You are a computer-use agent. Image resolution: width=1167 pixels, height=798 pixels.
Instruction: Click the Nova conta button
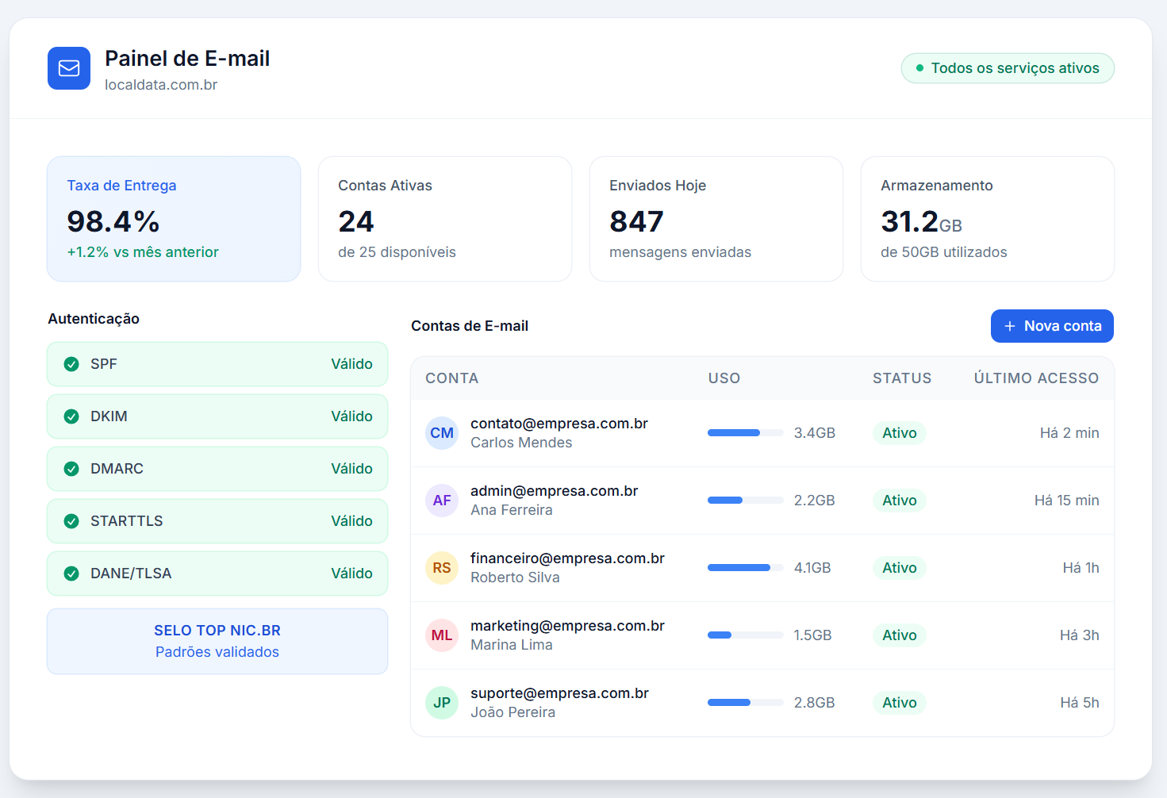coord(1052,326)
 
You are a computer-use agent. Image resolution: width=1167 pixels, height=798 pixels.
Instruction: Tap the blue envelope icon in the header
coord(69,68)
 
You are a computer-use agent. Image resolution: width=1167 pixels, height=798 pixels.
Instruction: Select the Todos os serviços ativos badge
coord(1008,68)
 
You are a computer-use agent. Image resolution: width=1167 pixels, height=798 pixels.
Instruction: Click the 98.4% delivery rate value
coord(113,221)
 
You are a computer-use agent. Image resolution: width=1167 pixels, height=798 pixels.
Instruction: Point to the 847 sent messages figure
coord(636,221)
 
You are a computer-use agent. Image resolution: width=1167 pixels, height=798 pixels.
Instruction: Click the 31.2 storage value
coord(910,221)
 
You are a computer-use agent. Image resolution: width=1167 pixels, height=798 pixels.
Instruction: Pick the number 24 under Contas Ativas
coord(356,221)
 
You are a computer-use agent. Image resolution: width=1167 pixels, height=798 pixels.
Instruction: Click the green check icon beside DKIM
coord(71,416)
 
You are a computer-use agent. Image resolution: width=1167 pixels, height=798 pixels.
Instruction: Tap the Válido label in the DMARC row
coord(351,469)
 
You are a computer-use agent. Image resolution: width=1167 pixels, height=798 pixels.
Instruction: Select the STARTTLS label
coord(127,521)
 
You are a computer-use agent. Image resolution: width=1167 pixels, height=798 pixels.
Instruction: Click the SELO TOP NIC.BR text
coord(217,631)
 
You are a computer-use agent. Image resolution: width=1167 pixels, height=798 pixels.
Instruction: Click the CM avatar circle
coord(442,433)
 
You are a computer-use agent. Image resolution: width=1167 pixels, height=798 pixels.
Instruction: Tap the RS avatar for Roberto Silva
coord(442,568)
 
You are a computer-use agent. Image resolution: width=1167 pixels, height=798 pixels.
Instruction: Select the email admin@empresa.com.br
coord(554,491)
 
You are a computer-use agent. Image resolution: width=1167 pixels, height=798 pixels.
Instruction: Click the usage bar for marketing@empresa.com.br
coord(745,635)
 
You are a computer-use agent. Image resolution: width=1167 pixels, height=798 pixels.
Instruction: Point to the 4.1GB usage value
coord(812,568)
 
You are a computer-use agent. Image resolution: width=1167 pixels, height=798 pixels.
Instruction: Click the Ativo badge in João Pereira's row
coord(900,703)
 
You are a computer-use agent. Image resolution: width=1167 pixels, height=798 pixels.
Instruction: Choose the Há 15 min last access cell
coord(1066,501)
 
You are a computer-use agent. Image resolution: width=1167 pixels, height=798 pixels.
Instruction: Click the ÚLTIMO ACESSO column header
coord(1036,378)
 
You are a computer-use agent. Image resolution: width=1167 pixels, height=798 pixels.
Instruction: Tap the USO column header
coord(724,378)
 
